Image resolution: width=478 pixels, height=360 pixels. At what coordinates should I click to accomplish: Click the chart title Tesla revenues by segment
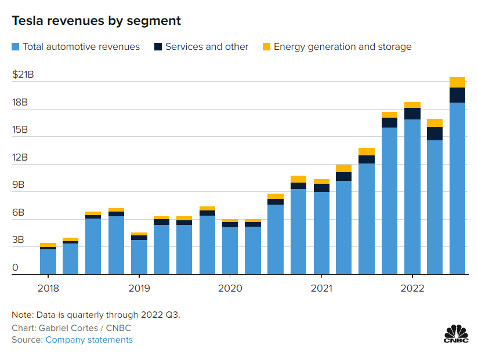96,21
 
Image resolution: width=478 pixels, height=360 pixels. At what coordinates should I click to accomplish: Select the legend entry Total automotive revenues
81,47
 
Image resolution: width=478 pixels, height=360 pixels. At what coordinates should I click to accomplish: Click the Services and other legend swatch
158,46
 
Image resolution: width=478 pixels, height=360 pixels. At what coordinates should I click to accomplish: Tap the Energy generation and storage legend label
342,47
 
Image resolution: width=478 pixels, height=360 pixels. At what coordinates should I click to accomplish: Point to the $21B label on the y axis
23,74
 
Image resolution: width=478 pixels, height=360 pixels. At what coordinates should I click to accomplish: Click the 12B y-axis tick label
20,158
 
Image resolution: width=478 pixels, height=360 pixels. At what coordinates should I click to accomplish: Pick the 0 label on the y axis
15,268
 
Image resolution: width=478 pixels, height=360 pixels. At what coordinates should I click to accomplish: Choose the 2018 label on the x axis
48,288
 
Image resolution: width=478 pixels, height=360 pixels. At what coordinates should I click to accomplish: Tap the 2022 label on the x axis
412,288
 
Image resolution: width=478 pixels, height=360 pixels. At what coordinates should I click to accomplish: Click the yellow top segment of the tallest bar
458,82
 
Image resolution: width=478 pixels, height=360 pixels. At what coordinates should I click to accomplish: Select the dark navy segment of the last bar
458,95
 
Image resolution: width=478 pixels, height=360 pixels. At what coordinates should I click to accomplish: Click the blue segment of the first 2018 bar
48,261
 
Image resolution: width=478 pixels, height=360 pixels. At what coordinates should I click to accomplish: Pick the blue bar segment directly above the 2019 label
139,257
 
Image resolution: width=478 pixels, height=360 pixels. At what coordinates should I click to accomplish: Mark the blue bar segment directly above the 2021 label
321,232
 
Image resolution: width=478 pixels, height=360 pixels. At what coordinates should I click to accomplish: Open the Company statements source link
89,340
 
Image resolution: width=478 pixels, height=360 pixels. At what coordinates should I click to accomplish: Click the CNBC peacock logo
456,333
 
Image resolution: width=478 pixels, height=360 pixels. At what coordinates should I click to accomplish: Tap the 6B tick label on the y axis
20,213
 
